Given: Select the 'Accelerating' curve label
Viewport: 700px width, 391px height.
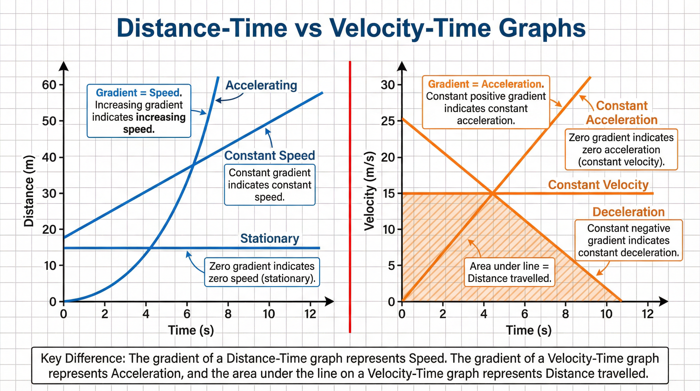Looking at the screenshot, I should tap(261, 85).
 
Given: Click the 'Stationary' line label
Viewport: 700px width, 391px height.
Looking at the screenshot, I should tap(270, 239).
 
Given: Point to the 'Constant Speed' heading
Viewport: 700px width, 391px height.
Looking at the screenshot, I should tap(269, 156).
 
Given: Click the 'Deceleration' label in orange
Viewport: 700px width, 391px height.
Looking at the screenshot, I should tap(629, 212).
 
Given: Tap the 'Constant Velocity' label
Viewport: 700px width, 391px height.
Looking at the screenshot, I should tap(598, 185).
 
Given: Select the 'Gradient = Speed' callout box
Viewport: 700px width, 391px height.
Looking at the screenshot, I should tap(139, 111).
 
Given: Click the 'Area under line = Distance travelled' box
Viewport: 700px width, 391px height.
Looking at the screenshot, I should tap(509, 272).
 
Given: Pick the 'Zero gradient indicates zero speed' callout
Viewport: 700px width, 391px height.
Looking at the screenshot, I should tap(262, 272).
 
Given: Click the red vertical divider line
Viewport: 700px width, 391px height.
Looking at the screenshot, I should tap(350, 196).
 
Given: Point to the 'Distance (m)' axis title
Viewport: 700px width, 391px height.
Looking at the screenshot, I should tap(29, 191).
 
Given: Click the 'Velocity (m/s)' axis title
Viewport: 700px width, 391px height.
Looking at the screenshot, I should tap(370, 191).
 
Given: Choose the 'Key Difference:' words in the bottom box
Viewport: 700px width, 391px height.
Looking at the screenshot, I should tap(83, 359).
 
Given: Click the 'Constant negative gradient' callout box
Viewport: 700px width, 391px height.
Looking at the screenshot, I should tap(629, 241).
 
